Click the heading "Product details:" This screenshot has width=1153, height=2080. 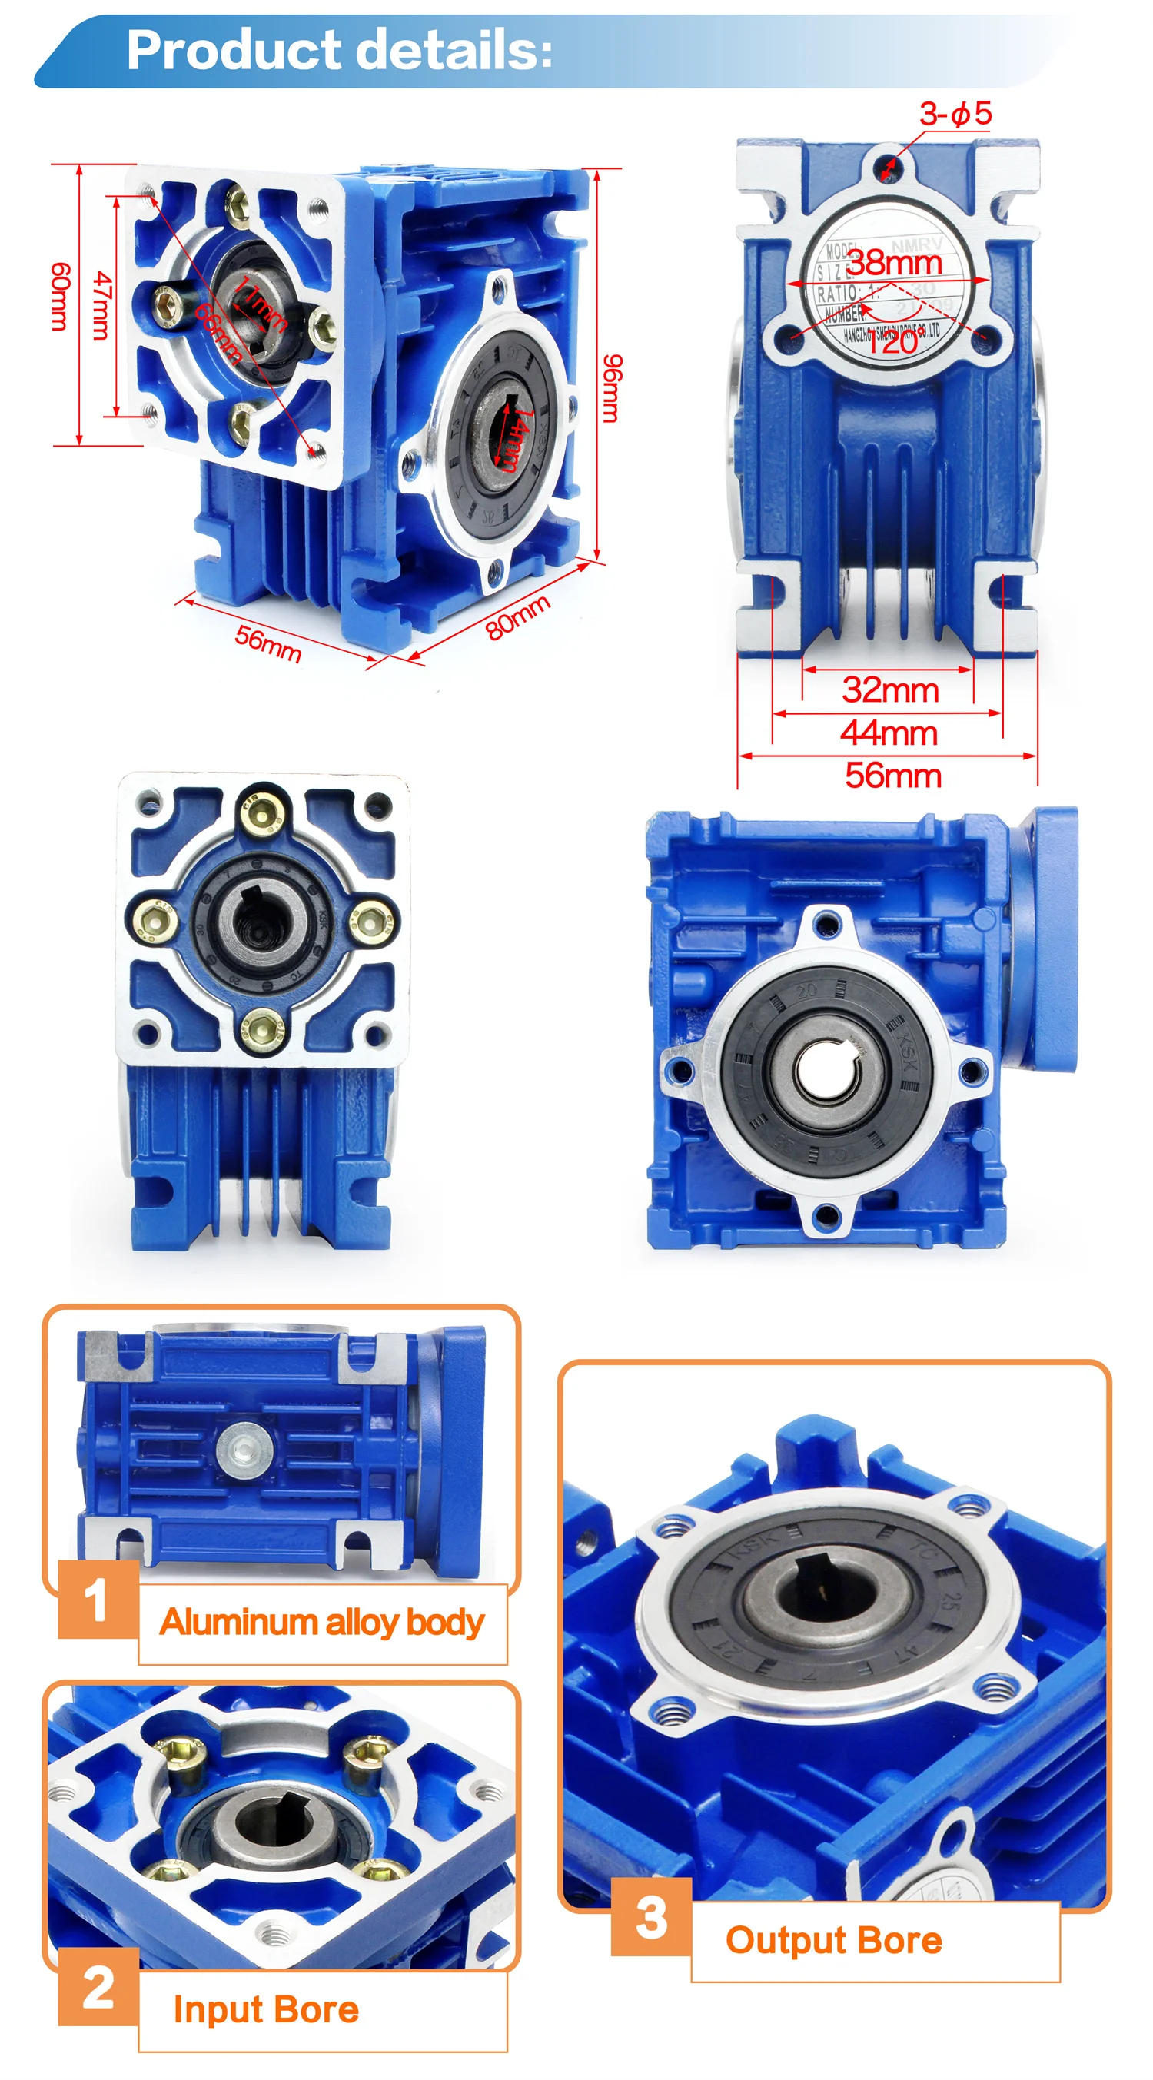(339, 50)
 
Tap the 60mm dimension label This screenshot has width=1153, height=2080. (61, 297)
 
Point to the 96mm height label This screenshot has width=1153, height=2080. (613, 387)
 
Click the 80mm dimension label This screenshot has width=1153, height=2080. (517, 617)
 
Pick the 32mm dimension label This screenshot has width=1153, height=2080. (890, 690)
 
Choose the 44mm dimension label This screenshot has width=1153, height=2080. (888, 733)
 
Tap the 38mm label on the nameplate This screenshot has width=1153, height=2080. (894, 262)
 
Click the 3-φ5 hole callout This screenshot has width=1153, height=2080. (955, 114)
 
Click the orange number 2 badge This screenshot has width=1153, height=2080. (98, 1987)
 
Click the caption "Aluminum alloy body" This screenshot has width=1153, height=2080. (321, 1622)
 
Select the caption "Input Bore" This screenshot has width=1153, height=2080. (266, 2010)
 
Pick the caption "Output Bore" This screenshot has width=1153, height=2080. (833, 1939)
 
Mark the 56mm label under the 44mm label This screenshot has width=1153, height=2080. (893, 775)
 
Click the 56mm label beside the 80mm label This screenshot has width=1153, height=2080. (268, 643)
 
